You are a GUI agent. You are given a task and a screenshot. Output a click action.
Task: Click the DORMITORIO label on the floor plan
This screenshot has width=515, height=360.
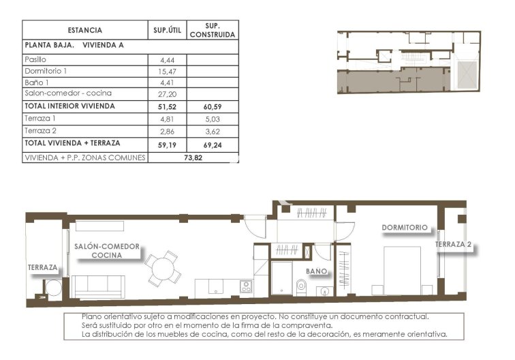pos(405,227)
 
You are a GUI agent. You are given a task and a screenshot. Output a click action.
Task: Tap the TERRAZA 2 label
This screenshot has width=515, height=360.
pos(454,244)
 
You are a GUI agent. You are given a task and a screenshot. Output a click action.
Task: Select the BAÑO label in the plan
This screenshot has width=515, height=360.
pos(316,271)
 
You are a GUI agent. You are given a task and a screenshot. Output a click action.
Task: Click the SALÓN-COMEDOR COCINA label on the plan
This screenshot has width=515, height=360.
pos(106,250)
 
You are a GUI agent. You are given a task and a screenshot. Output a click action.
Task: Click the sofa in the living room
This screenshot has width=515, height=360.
pos(99,286)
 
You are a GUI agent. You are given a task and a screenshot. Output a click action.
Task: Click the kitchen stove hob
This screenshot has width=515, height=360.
pos(246,286)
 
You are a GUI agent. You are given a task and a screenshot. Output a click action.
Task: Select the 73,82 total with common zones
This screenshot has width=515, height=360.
pos(193,157)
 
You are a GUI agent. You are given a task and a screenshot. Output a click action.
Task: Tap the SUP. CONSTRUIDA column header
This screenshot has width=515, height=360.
pos(212,30)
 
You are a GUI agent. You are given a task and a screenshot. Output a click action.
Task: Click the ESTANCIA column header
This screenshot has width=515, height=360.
pos(85,30)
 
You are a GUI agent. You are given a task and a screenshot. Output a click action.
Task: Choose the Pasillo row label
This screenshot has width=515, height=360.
pos(35,60)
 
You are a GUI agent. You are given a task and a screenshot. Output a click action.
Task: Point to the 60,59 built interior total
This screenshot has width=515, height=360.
pos(212,106)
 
